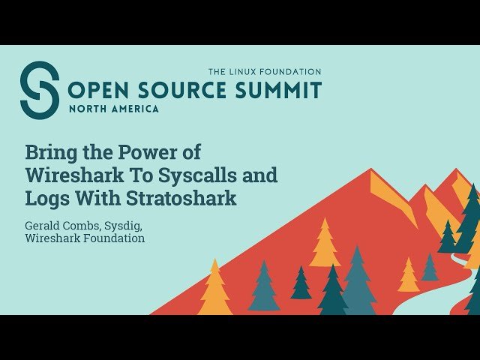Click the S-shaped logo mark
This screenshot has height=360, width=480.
[39, 90]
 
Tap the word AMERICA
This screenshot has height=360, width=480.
[135, 109]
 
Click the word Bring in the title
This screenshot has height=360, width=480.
[49, 152]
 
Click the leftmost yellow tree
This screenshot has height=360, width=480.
[214, 289]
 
